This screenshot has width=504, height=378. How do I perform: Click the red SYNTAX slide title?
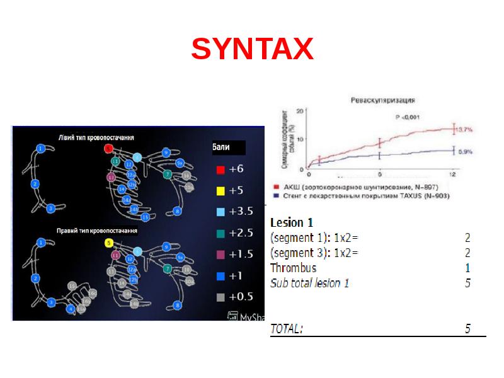click(252, 49)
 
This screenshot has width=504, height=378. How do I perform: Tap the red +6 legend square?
click(220, 169)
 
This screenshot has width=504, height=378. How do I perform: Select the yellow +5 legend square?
click(220, 190)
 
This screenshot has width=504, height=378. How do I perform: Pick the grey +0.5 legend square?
click(220, 297)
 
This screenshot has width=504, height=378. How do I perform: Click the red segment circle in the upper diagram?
click(108, 149)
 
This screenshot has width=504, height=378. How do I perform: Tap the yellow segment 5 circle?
click(108, 243)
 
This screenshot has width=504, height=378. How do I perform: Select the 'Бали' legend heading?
click(221, 148)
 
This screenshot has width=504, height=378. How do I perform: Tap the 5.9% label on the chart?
click(465, 152)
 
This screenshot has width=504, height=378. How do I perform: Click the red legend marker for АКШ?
click(277, 187)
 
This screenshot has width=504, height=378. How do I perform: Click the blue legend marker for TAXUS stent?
click(277, 195)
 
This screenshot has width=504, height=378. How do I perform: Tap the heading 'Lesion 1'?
click(292, 222)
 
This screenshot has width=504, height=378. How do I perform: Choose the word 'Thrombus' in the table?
click(293, 268)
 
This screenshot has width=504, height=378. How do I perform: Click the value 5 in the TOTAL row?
click(467, 329)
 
